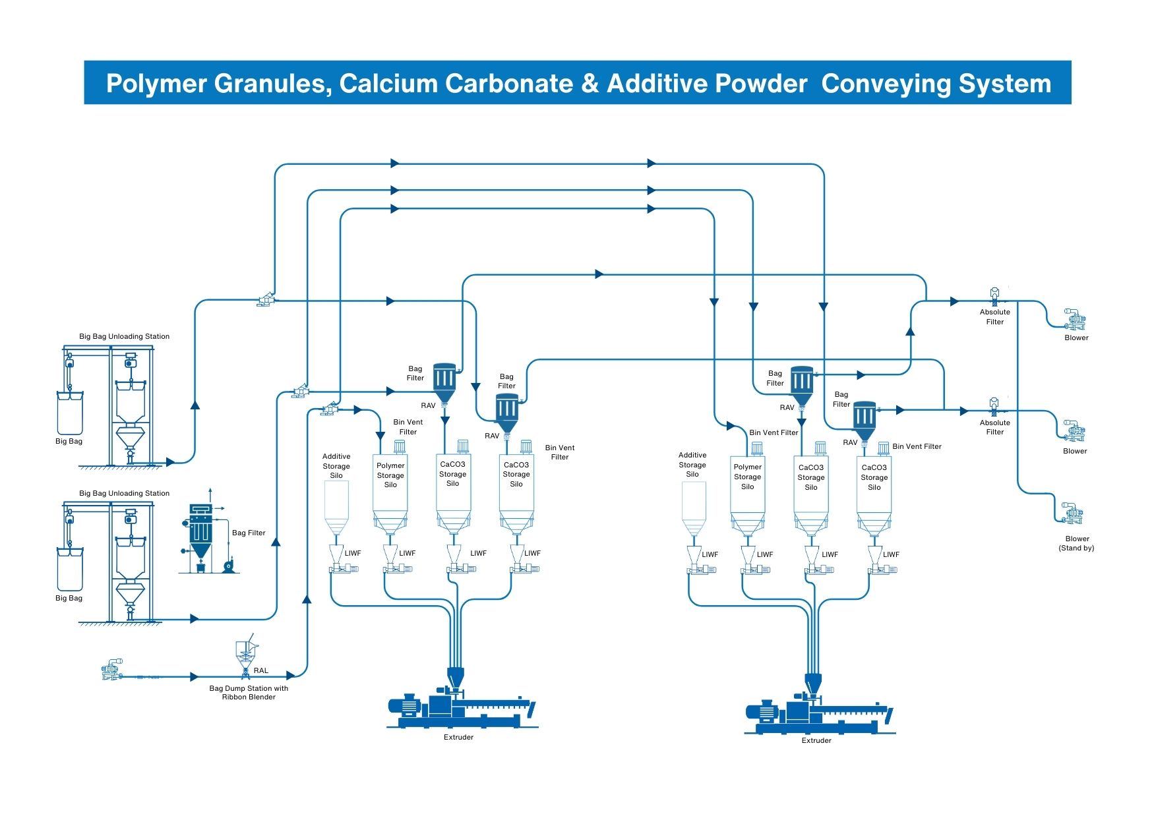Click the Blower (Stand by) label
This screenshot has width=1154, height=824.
(x=1076, y=543)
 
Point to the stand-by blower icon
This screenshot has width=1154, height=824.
(x=1073, y=513)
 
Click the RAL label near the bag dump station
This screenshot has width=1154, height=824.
(x=261, y=670)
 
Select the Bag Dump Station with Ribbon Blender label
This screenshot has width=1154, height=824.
(x=249, y=692)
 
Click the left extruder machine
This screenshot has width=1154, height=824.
(x=462, y=709)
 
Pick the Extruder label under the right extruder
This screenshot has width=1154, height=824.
(x=816, y=740)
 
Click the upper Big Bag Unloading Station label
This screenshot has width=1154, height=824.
(x=124, y=336)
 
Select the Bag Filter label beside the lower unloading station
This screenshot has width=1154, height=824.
(x=249, y=533)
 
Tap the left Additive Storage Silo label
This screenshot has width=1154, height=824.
(x=336, y=465)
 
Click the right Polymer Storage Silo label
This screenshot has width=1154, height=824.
(x=747, y=477)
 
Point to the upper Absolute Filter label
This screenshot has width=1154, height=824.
(x=994, y=317)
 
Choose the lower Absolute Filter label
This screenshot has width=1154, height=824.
(x=994, y=427)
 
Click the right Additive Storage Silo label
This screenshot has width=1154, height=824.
(x=692, y=464)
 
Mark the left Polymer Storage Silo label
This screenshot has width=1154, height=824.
(x=390, y=475)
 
